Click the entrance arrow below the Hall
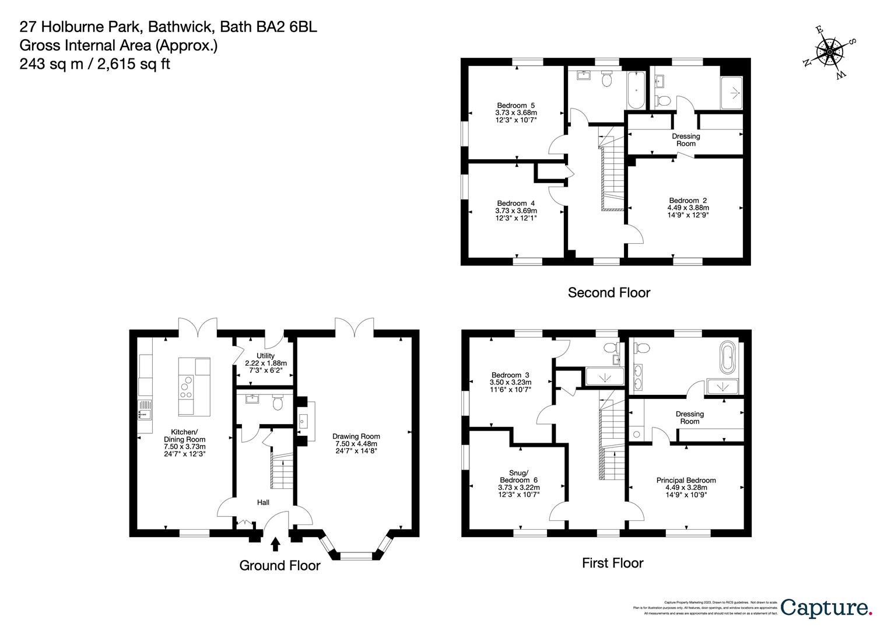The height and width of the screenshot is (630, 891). click(x=275, y=544)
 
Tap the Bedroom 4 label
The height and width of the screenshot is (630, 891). click(x=515, y=211)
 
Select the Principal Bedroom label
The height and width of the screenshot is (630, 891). click(x=686, y=484)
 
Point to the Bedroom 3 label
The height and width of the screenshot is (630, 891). click(x=510, y=382)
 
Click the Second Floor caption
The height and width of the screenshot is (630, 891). click(x=609, y=293)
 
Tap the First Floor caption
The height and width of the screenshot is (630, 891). click(x=612, y=563)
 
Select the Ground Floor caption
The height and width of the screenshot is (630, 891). click(x=280, y=565)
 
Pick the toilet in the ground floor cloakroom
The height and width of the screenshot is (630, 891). click(x=278, y=402)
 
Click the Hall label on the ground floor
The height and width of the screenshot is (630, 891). click(x=263, y=502)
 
